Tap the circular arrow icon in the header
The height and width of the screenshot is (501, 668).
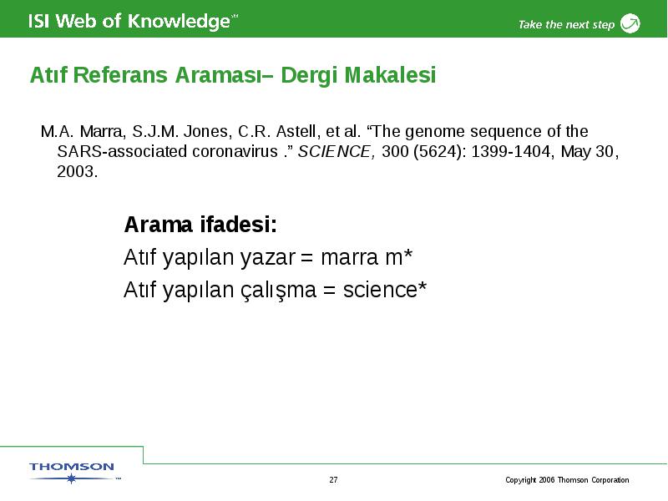630,23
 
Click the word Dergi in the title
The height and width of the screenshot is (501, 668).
309,76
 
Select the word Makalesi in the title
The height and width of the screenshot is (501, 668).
390,75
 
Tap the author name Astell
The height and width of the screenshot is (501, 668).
296,131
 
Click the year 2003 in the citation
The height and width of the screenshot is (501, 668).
77,172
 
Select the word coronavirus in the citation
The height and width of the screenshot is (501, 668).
235,152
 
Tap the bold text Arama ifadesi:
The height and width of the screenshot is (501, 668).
200,225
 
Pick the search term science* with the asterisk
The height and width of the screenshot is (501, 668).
385,290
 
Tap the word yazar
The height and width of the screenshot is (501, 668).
267,258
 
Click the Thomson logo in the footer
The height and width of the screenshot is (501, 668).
73,472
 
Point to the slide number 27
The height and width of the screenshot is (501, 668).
333,479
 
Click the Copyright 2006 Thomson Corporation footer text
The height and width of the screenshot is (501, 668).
567,480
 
